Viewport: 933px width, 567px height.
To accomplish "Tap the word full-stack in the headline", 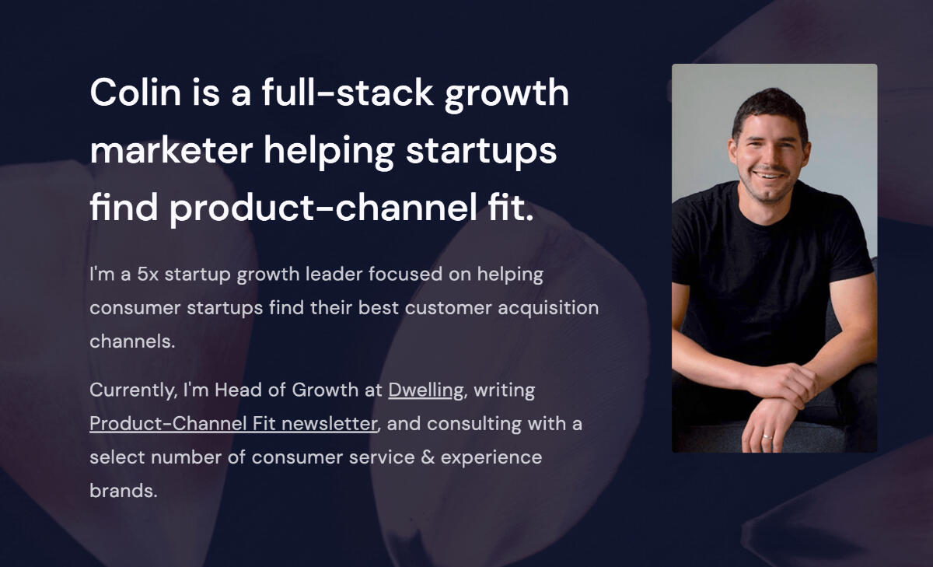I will click(x=347, y=93).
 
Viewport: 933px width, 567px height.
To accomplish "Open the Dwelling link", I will click(x=425, y=390).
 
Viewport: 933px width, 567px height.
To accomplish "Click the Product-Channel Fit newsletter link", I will click(x=233, y=424).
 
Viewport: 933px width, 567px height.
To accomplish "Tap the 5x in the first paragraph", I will click(x=145, y=275).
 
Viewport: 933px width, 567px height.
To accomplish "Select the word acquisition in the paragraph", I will click(x=547, y=308).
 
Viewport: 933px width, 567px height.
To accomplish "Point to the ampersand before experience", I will click(x=426, y=457).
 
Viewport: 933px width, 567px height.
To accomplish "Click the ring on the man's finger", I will click(x=767, y=437).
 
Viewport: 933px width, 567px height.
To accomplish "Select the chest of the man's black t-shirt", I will click(x=770, y=257).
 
